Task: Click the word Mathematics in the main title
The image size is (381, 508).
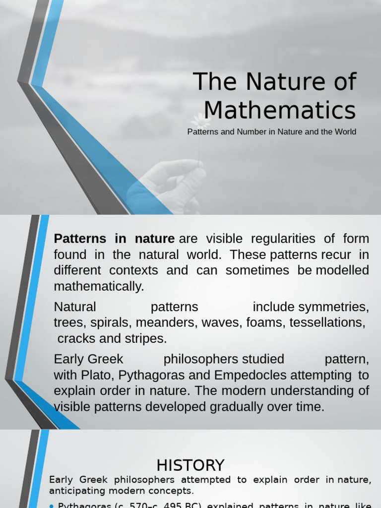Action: [x=280, y=110]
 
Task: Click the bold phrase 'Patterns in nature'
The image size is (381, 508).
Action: [x=114, y=239]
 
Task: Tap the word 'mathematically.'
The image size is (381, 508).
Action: [x=99, y=286]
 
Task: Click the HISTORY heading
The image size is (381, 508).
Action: [x=190, y=465]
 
